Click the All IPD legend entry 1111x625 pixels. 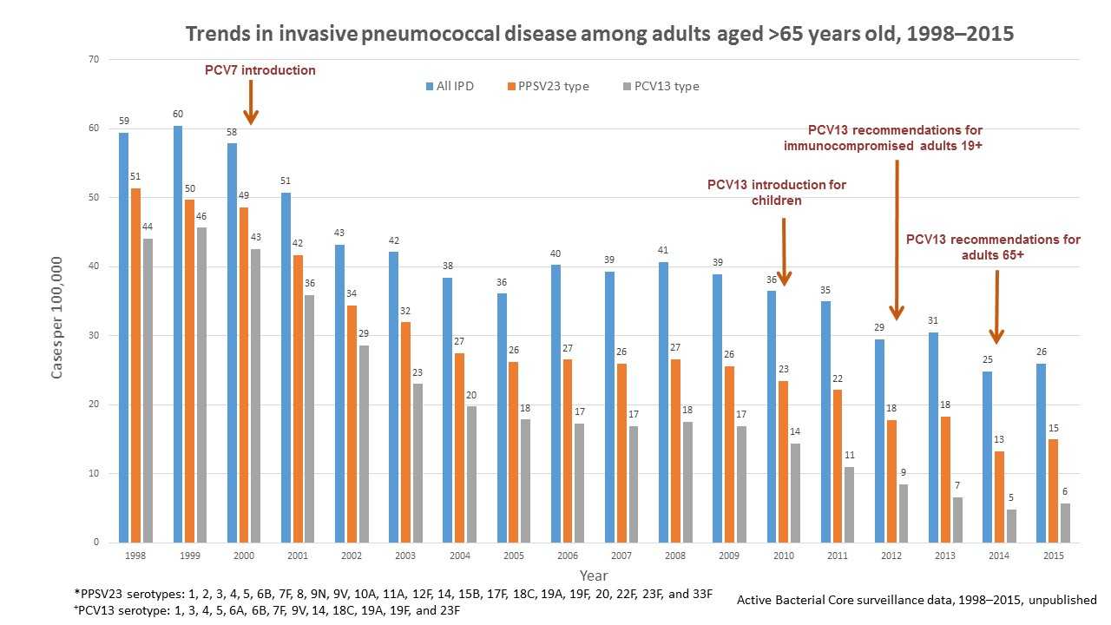coord(451,86)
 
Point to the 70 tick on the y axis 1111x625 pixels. coord(94,59)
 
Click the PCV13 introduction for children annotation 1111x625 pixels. coord(776,193)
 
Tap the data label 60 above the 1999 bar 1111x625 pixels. coord(178,115)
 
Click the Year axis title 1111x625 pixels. coord(594,576)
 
